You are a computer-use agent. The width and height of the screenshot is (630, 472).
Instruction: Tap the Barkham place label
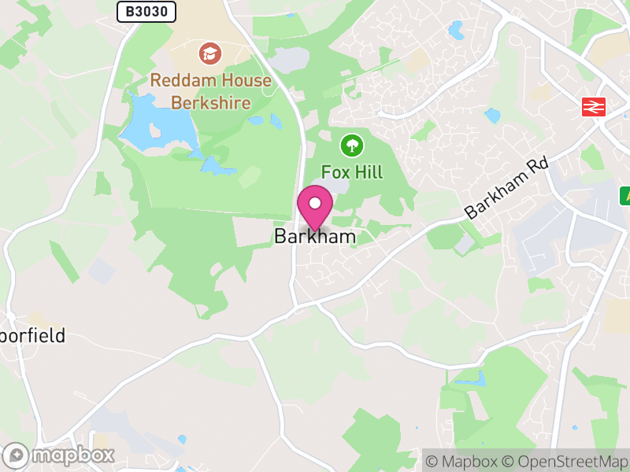[x=315, y=236]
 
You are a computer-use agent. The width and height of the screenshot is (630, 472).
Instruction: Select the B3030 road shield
[x=146, y=11]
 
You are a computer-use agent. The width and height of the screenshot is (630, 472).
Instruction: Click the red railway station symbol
[x=593, y=106]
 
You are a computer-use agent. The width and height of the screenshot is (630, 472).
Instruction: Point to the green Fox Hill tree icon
[x=351, y=145]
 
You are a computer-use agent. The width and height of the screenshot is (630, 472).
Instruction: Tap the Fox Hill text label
[x=351, y=171]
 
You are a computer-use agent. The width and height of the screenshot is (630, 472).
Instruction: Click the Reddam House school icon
[x=210, y=53]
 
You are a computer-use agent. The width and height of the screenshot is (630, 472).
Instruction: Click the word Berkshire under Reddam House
[x=210, y=102]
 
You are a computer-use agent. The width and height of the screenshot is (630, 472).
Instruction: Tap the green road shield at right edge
[x=624, y=194]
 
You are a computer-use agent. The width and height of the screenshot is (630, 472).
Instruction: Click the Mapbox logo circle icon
[x=17, y=455]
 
